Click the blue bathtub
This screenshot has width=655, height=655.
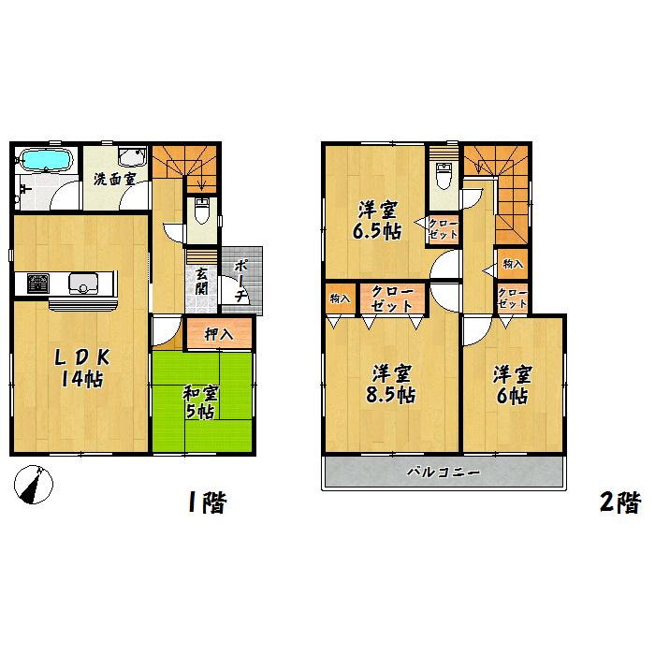point(45,160)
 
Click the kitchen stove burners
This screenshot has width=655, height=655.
point(38,282)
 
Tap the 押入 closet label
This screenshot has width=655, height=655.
point(219,331)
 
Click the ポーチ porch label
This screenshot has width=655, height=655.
point(240,280)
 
